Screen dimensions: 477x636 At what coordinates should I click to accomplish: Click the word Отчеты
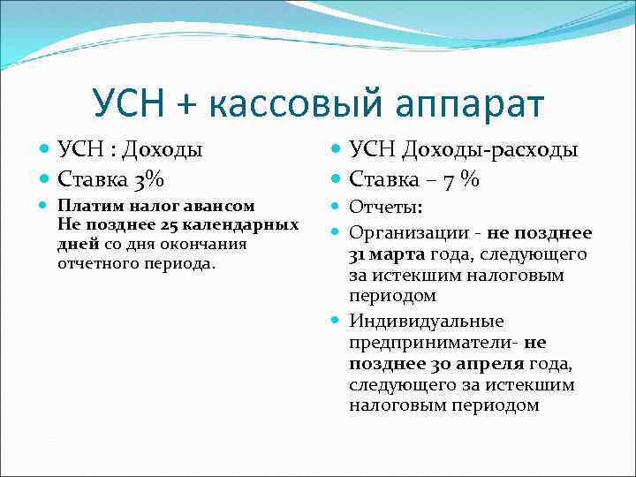coord(386,207)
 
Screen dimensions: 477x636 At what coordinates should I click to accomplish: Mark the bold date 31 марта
coord(387,254)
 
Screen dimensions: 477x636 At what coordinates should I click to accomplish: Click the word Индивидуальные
coord(426,322)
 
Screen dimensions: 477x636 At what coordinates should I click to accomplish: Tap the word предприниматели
coord(434,343)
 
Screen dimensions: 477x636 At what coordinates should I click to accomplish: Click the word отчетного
coord(95,263)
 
